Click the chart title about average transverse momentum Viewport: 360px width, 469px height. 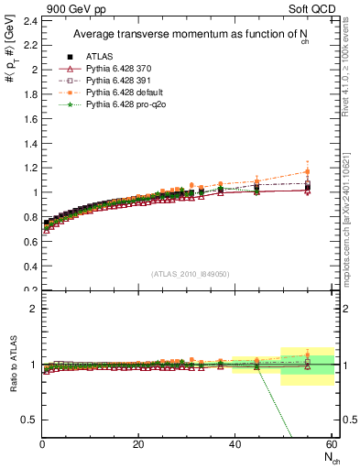pos(189,35)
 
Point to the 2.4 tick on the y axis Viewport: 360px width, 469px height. pos(30,20)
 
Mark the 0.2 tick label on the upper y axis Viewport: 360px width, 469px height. pos(30,290)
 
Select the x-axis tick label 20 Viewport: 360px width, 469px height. pos(138,445)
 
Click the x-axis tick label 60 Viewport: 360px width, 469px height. pos(331,445)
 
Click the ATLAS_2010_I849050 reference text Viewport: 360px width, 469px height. pos(191,273)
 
